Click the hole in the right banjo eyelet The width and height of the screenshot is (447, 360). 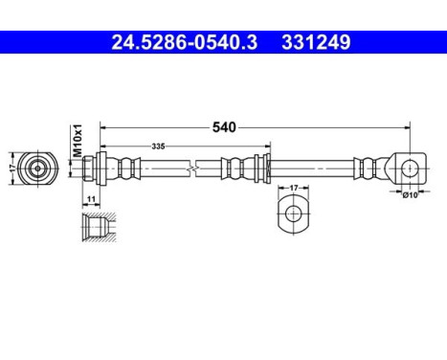click(409, 169)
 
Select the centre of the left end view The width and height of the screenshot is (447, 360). click(37, 169)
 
